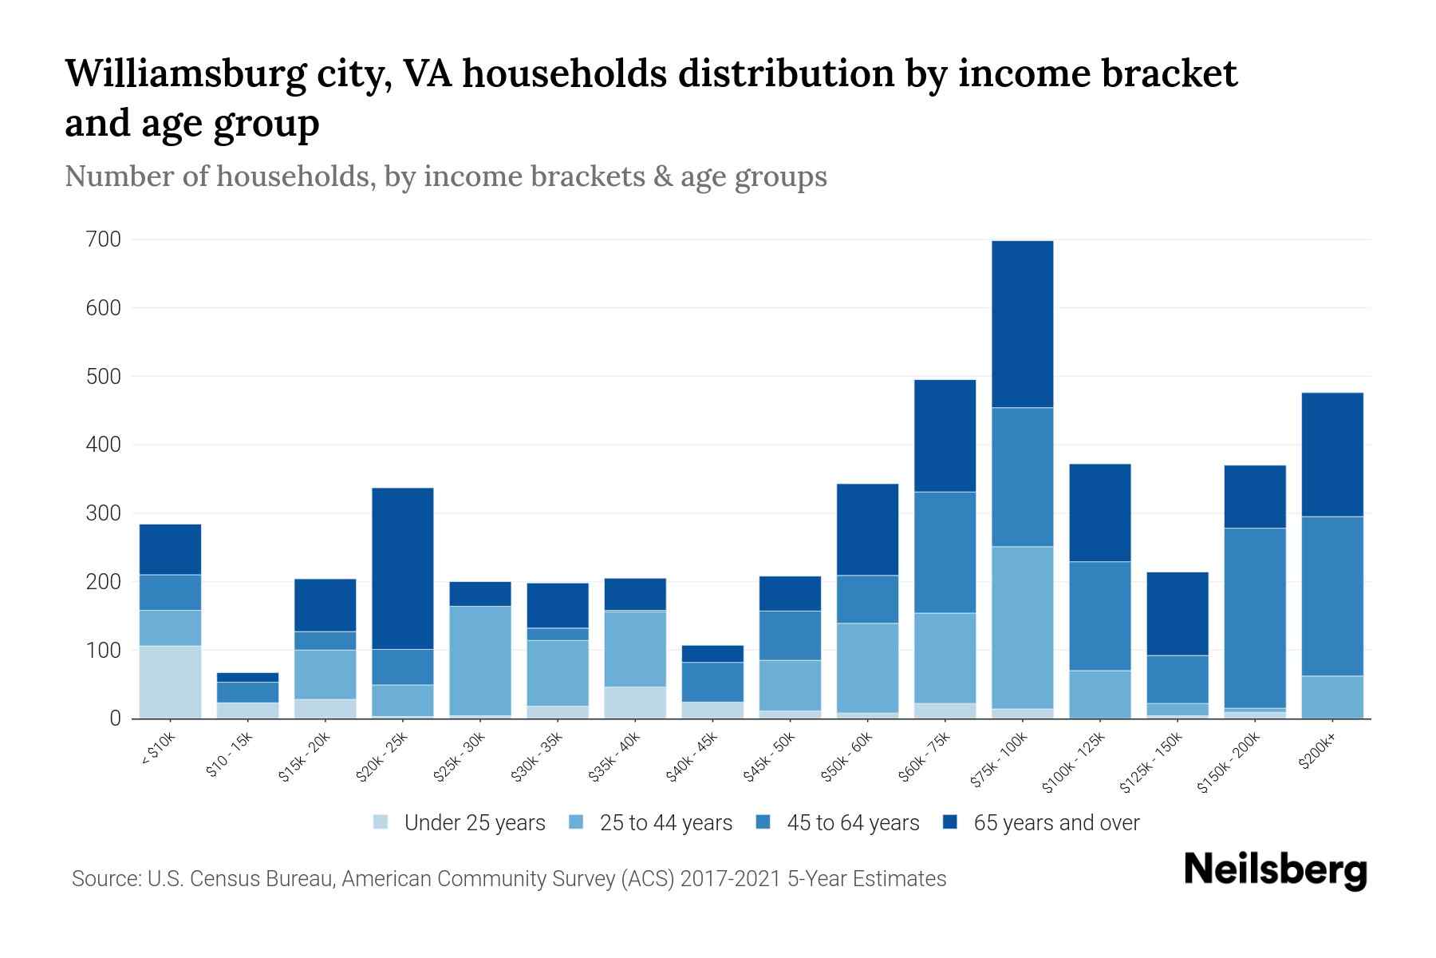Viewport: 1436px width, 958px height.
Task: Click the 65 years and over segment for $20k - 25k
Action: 403,568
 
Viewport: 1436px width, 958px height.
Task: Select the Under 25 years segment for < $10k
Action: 170,682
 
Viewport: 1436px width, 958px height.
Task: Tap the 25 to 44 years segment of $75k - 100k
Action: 1022,627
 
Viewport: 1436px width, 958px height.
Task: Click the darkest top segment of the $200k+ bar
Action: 1332,454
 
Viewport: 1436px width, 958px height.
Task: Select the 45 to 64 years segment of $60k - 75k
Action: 945,552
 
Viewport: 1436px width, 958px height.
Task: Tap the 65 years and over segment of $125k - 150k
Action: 1178,613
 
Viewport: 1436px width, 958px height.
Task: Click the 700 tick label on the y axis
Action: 104,239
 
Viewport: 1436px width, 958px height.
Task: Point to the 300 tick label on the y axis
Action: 104,513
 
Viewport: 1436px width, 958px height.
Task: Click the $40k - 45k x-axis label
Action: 692,757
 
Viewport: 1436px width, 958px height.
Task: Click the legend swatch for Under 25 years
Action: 381,821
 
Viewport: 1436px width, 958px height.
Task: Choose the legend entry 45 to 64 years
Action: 853,823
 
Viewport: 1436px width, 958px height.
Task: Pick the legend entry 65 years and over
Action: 1055,823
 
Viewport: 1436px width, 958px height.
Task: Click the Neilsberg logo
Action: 1275,870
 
